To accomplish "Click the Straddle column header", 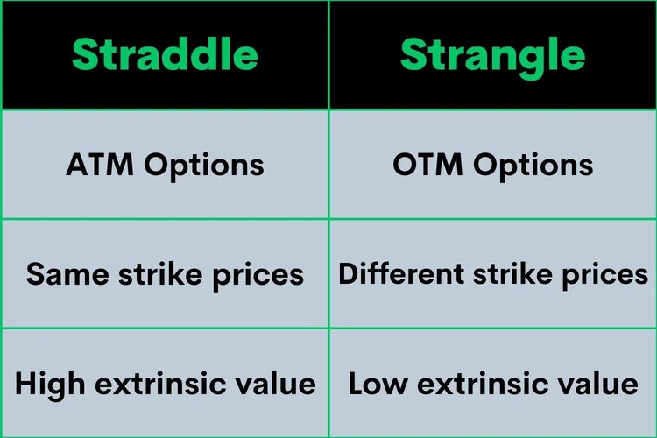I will point(165,54).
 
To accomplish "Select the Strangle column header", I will point(492,54).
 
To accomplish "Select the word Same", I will point(60,274).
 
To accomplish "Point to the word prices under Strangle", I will point(605,274).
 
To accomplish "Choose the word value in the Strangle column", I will point(599,384).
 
